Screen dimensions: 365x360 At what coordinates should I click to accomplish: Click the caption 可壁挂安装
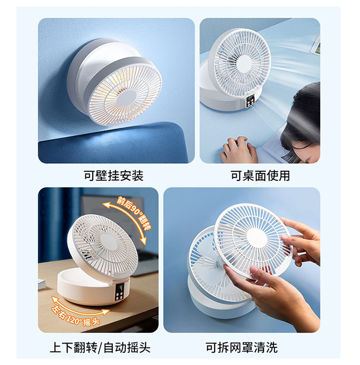click(x=114, y=176)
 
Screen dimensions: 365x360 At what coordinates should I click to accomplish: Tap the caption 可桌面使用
click(x=260, y=176)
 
